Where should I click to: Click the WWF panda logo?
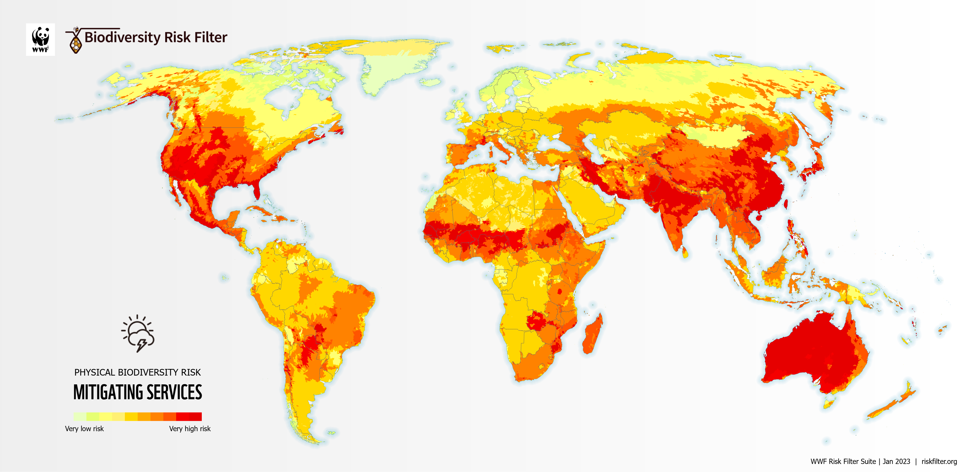(x=41, y=39)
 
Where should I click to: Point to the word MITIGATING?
(x=108, y=392)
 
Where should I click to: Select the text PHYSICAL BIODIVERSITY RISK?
(x=137, y=372)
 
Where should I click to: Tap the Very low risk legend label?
(x=84, y=428)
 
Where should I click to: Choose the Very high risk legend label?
(x=190, y=428)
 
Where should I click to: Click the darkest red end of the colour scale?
(x=195, y=416)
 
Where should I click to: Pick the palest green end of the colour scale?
(x=80, y=416)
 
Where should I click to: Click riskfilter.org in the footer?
(x=939, y=462)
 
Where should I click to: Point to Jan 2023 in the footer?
(x=896, y=462)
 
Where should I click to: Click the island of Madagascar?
(x=592, y=334)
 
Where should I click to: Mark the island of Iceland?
(x=430, y=82)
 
